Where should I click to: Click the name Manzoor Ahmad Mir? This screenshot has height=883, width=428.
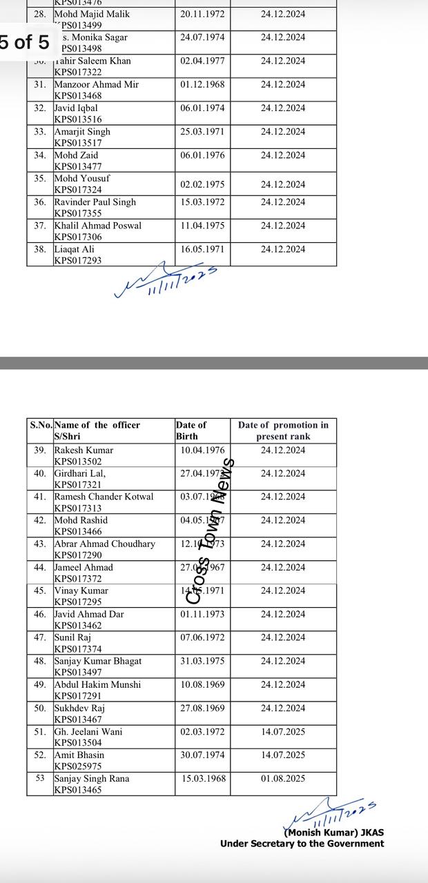coord(96,84)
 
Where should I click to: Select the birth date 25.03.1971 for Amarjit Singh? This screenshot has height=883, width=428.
coord(202,131)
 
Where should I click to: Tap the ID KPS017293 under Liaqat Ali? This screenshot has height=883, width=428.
coord(78,260)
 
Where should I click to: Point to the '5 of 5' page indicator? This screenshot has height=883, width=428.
coord(25,42)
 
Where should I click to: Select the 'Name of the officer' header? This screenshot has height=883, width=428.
coord(97,425)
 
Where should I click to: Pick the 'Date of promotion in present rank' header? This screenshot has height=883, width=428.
coord(283,430)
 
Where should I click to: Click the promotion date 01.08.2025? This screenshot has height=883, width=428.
coord(283,778)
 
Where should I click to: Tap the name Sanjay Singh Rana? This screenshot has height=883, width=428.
coord(92,778)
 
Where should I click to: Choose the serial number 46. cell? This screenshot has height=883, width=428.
coord(40,614)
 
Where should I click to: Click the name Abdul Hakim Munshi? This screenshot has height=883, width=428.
coord(97,684)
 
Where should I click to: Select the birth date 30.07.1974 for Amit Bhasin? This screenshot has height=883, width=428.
coord(202,755)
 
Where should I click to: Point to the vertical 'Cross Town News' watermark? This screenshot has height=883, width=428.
coord(211,531)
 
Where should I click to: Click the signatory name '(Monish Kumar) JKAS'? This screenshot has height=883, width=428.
coord(330,832)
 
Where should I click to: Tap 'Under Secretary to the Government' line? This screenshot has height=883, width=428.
coord(302,844)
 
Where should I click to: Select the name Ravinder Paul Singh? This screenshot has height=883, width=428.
coord(95,202)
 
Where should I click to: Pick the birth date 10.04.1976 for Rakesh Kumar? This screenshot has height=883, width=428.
coord(202,450)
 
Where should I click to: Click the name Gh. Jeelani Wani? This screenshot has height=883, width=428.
coord(88,731)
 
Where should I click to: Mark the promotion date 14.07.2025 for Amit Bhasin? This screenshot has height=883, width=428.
coord(283,755)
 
